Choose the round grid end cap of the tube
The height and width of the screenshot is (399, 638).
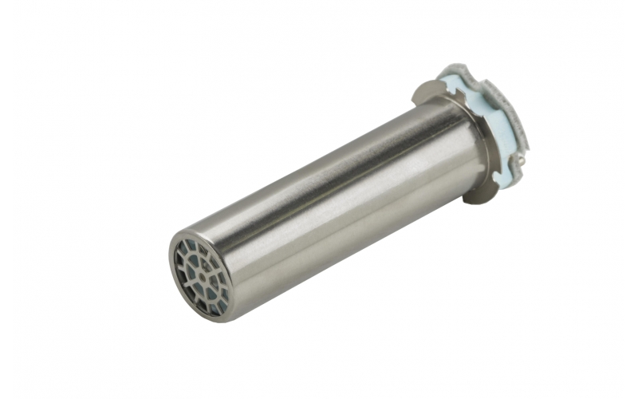(200, 276)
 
